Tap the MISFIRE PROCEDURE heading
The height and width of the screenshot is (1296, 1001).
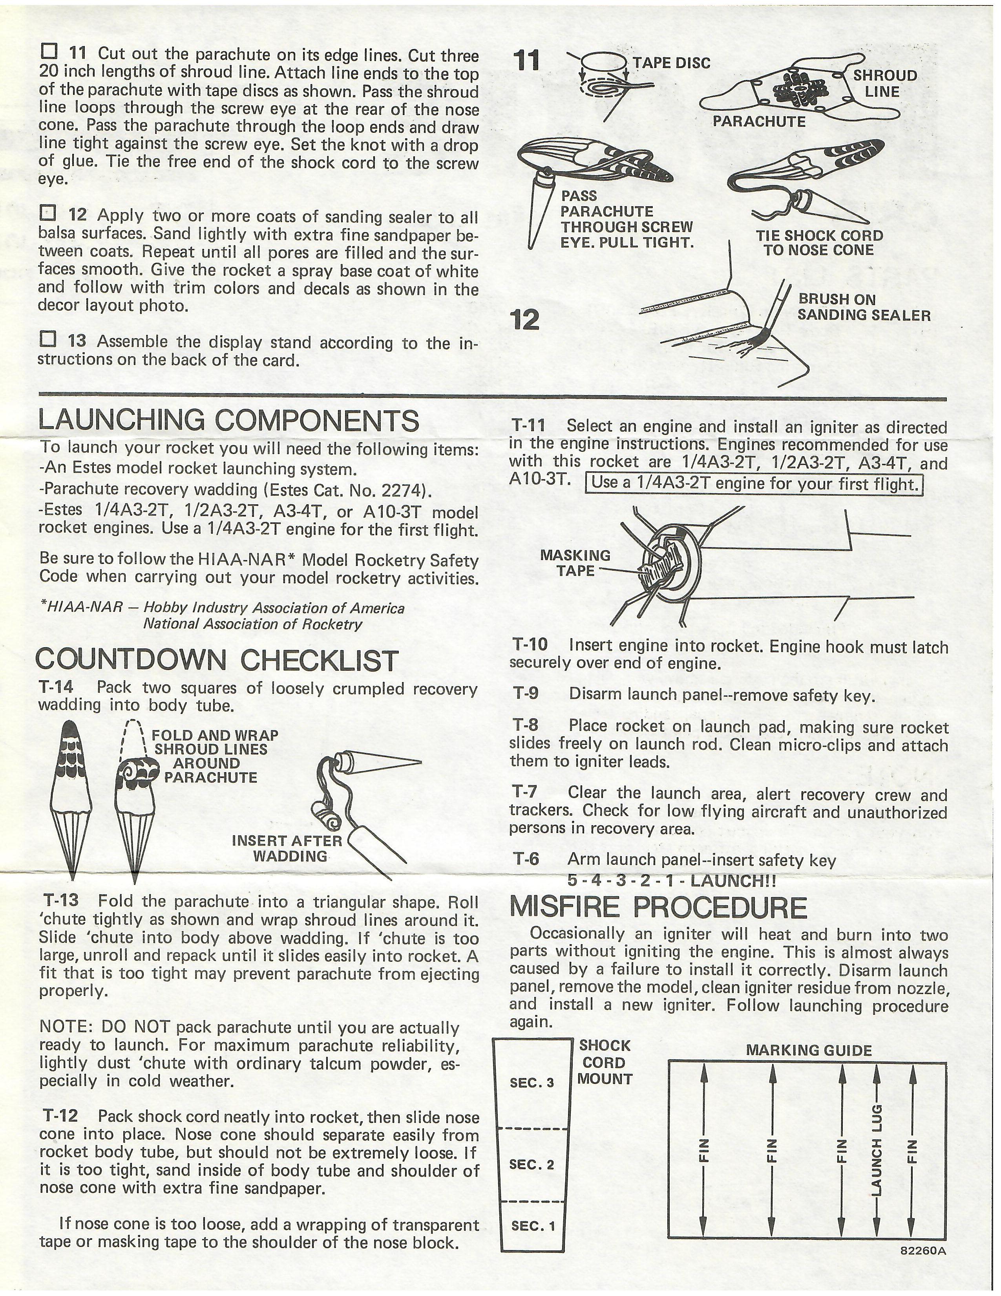[658, 907]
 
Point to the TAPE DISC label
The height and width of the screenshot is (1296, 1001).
[671, 63]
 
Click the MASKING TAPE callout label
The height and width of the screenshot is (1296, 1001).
[575, 562]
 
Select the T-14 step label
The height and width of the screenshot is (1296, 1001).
[56, 687]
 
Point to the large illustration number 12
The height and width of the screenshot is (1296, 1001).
[525, 320]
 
